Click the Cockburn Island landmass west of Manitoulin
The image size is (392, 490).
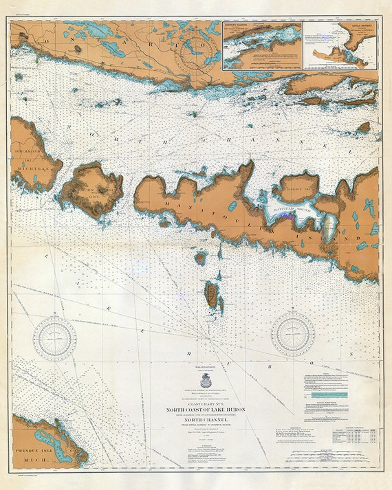pyautogui.click(x=91, y=188)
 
